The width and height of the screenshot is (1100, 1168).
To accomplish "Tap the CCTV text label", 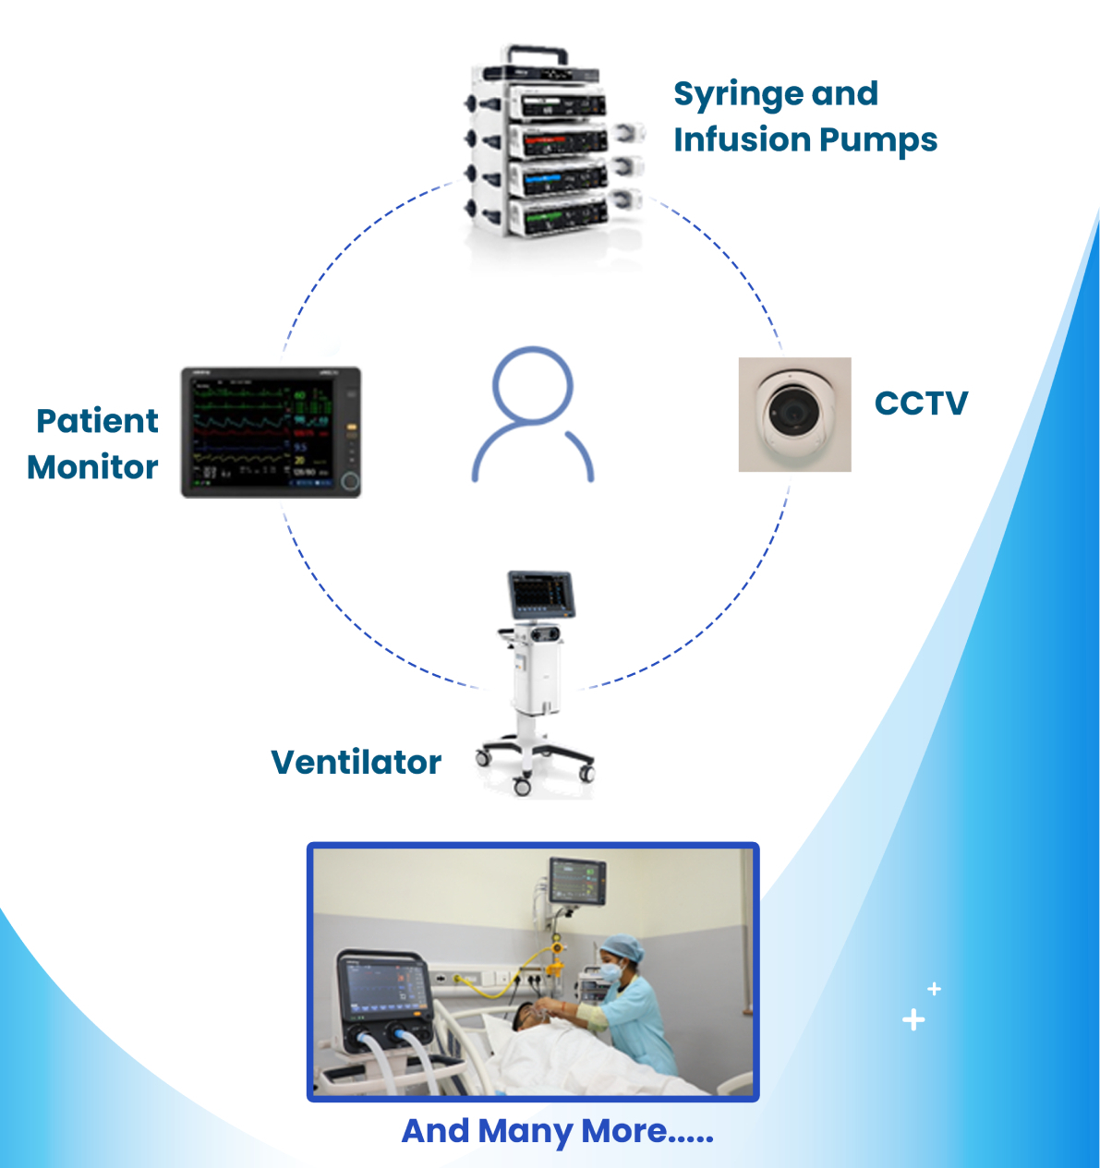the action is click(x=921, y=403).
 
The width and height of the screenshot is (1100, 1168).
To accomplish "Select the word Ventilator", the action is click(x=357, y=762).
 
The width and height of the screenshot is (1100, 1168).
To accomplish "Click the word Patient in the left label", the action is click(x=97, y=421).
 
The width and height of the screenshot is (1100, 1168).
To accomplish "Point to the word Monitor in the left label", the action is click(x=92, y=467).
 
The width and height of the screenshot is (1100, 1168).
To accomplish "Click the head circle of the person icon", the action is click(x=533, y=385).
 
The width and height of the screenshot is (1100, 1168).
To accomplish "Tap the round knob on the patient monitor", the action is click(x=350, y=481).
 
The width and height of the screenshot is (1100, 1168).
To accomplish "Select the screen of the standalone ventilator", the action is click(x=541, y=593).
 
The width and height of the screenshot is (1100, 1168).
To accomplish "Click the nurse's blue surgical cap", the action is click(x=623, y=946).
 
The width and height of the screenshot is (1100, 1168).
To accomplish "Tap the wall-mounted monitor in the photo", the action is click(x=576, y=881).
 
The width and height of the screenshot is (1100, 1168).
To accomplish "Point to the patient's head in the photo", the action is click(x=526, y=1017).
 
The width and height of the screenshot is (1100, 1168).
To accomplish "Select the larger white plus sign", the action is click(x=913, y=1019).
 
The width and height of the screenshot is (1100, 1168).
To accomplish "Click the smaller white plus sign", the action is click(x=934, y=989).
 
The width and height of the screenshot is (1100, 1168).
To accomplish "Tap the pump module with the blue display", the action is click(x=557, y=177).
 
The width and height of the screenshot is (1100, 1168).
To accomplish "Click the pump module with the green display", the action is click(x=557, y=215).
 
